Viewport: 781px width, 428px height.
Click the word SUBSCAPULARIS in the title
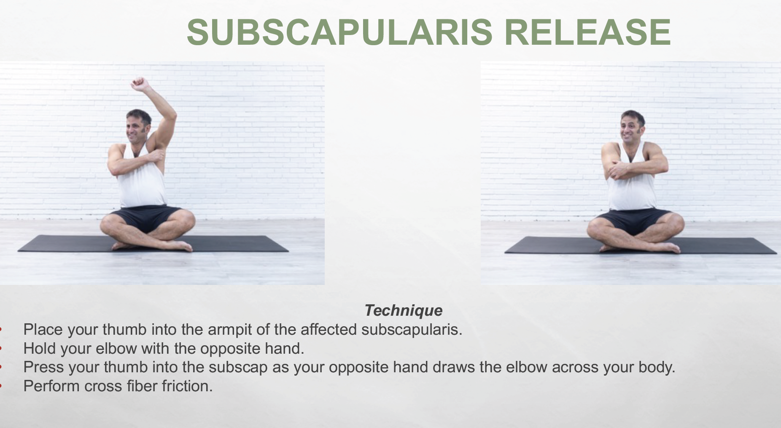[x=339, y=32]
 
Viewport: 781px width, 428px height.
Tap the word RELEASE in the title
[x=587, y=32]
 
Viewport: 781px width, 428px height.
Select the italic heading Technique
[x=404, y=310]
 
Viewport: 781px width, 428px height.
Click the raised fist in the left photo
[x=140, y=84]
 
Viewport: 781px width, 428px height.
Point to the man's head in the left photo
[x=138, y=126]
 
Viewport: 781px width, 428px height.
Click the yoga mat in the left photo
[x=153, y=244]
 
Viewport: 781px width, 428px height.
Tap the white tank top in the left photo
[x=141, y=177]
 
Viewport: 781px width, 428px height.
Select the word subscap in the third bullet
[x=238, y=368]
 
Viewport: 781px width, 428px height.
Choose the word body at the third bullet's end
[x=657, y=368]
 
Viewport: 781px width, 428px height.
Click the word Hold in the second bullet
[x=40, y=348]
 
